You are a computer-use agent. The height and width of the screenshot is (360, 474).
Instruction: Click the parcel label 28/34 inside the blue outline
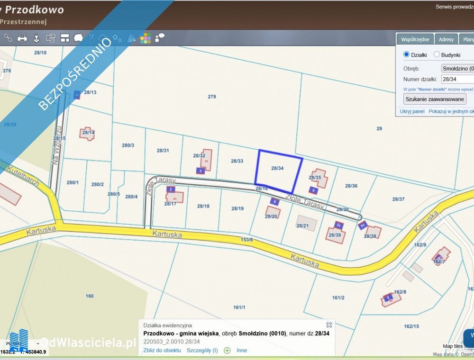click(277, 168)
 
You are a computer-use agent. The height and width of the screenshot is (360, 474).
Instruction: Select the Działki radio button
click(406, 54)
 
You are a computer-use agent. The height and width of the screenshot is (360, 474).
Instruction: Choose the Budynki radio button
click(437, 54)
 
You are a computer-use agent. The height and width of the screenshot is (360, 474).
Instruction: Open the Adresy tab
click(446, 39)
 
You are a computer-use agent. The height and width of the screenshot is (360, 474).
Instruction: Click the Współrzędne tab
click(415, 39)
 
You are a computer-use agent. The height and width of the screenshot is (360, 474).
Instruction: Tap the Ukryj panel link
click(412, 111)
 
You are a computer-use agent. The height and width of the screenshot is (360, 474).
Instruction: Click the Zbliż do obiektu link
click(162, 350)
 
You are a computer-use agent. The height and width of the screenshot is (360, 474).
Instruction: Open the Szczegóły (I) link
click(202, 350)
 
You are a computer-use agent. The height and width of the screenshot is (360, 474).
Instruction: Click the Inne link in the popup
click(242, 350)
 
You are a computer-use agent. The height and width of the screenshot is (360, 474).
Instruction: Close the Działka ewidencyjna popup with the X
click(329, 325)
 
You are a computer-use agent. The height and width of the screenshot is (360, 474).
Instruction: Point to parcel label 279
click(212, 97)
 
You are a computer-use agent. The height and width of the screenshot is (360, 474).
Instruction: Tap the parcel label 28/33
click(237, 161)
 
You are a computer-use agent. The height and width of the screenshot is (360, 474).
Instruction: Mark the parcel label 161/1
click(239, 307)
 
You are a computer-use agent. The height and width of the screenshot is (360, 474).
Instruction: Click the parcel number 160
click(90, 296)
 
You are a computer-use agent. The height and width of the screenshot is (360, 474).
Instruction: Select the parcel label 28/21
click(302, 225)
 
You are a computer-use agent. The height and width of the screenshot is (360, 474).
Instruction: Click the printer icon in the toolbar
click(22, 38)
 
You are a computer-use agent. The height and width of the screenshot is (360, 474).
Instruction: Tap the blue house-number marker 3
click(201, 171)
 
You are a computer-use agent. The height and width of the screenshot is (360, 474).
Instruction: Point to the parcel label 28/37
click(398, 199)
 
